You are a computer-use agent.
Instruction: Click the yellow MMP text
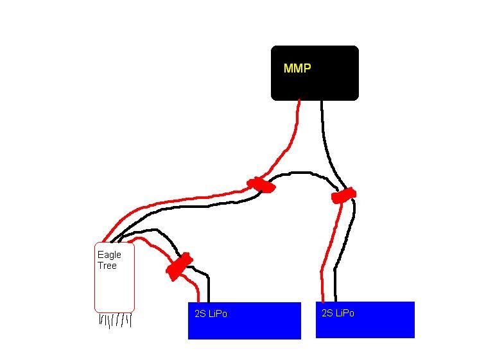coord(297,68)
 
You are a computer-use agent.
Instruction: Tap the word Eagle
coord(109,255)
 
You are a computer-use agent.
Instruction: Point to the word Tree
coord(107,266)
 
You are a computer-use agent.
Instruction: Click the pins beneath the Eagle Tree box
coord(116,320)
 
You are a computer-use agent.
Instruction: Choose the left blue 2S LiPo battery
coord(244,324)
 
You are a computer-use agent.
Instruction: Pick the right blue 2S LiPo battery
coord(365,323)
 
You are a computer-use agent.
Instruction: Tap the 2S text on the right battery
coord(328,313)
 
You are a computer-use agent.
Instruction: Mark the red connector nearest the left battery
coord(178,266)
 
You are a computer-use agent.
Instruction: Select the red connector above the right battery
coord(343,195)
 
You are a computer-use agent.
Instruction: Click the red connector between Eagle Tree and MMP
coord(261,185)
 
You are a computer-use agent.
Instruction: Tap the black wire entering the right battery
coord(335,282)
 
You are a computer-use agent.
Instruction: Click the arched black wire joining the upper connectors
coord(302,173)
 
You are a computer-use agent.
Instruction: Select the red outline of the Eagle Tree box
coord(95,282)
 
